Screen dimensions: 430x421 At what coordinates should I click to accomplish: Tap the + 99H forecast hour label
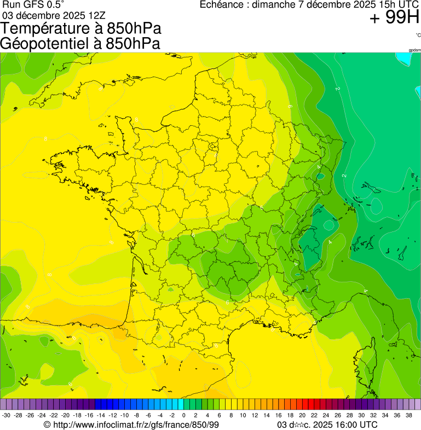(394, 18)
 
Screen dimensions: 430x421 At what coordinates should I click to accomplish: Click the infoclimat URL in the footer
(136, 425)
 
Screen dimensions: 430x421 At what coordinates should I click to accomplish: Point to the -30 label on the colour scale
(6, 415)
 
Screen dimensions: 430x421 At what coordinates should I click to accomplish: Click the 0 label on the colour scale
(183, 415)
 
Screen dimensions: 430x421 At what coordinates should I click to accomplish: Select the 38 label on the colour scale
(408, 415)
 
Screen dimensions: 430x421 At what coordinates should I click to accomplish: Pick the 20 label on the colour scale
(302, 415)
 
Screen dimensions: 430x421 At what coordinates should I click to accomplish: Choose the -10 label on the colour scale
(124, 415)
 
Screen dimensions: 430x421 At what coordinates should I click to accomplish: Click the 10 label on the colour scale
(243, 415)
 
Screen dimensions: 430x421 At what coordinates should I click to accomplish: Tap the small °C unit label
(418, 35)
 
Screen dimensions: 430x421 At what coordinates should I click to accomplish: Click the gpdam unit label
(414, 50)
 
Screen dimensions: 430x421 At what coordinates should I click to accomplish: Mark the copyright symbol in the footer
(47, 425)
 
